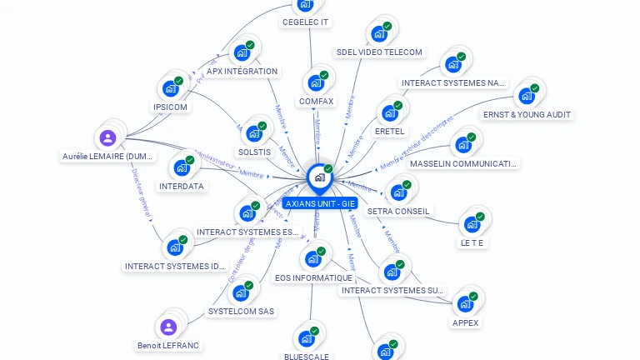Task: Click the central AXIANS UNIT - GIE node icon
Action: point(319,177)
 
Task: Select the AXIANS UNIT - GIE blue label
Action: point(321,203)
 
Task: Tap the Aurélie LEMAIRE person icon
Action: point(107,138)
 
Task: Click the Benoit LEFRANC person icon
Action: point(168,327)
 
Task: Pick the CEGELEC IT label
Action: point(305,22)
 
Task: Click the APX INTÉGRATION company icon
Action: point(242,52)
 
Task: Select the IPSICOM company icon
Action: point(171,88)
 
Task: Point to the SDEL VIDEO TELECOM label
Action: point(379,52)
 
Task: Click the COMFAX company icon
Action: point(316,83)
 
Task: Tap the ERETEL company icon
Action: point(389,113)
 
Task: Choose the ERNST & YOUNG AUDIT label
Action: point(528,114)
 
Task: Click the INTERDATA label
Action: point(182,186)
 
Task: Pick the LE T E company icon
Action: point(472,224)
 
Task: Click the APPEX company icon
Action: point(465,304)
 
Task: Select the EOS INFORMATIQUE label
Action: point(313,277)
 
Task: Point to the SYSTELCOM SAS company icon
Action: point(241,292)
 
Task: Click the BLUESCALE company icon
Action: point(306,338)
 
